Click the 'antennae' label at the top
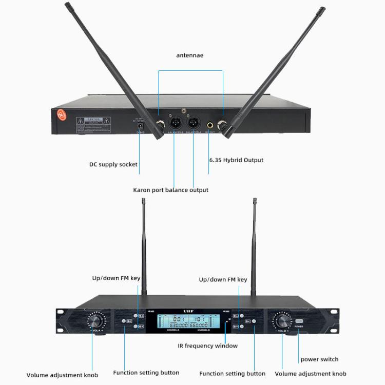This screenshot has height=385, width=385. pos(190,55)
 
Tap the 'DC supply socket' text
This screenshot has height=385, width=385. pos(113,165)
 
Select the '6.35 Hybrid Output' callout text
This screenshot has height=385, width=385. pos(236,160)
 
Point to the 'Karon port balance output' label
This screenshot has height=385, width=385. pos(170,190)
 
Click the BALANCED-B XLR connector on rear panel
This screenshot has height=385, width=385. pos(175,124)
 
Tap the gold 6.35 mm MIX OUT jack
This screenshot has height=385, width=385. pos(210,125)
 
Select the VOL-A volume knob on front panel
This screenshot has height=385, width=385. pos(94,321)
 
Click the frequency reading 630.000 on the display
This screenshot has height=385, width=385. pos(179,325)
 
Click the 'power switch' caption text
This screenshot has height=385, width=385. pos(319,359)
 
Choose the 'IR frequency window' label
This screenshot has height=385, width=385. pos(207,346)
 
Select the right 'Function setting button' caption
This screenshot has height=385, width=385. pos(232,374)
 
